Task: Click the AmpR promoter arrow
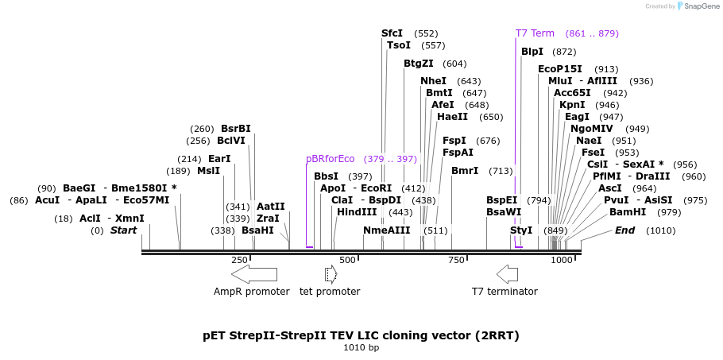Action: (x=254, y=274)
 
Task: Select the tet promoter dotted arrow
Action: (x=331, y=274)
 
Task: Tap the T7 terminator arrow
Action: (x=507, y=274)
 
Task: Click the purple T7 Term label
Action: (x=535, y=33)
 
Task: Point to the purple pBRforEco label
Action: (x=330, y=159)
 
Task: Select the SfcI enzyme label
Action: (x=392, y=33)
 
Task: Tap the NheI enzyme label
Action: (x=433, y=81)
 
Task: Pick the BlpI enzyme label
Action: (x=532, y=52)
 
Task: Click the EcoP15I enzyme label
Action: (x=560, y=69)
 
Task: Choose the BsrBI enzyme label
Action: (x=235, y=129)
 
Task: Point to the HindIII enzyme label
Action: (x=357, y=212)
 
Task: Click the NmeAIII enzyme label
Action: (x=387, y=230)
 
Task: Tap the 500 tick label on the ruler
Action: (x=348, y=260)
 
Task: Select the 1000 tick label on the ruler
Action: (x=562, y=260)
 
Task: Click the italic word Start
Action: (x=123, y=230)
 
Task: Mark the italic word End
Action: (x=625, y=230)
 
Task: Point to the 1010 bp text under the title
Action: (x=361, y=348)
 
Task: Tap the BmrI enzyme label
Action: (x=465, y=171)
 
